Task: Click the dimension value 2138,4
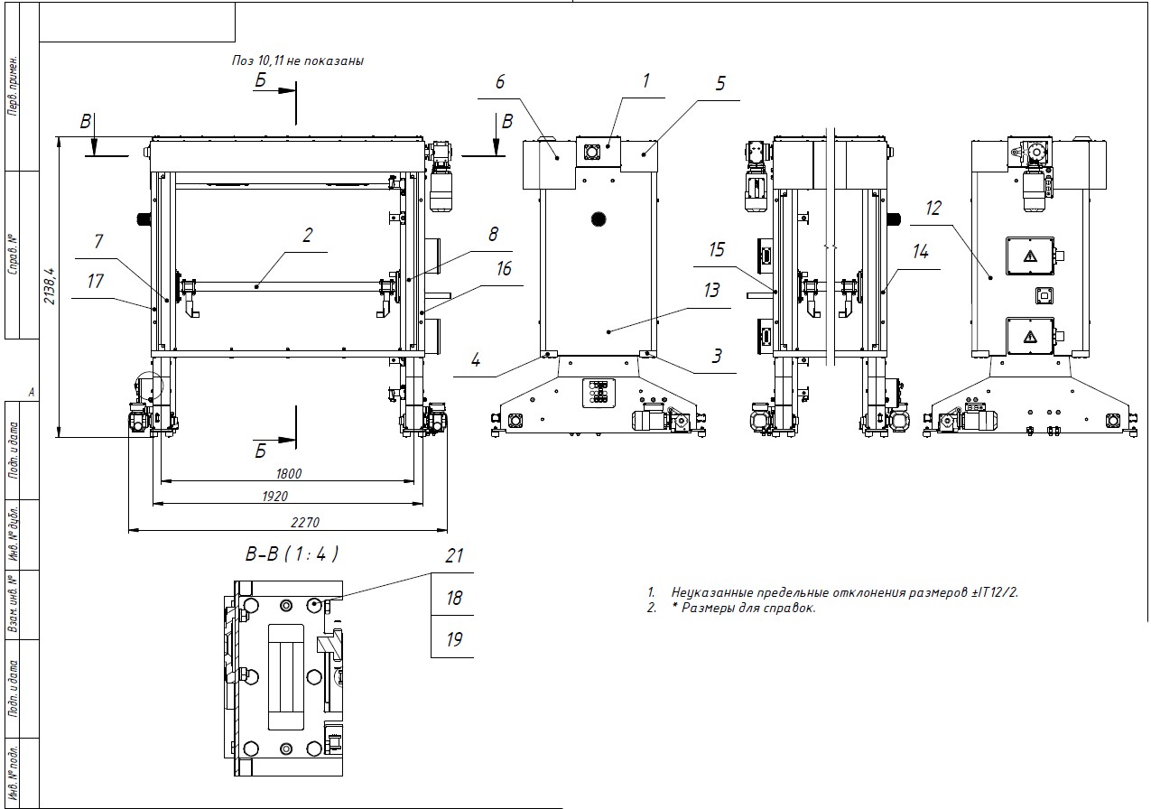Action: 51,285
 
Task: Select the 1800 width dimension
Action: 289,473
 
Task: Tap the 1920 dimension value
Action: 275,496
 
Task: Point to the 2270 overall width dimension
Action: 305,522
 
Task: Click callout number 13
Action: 711,291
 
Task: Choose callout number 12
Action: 933,209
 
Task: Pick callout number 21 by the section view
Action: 454,555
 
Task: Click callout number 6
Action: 500,82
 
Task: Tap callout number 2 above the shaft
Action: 307,235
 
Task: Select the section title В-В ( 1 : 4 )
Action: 292,553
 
